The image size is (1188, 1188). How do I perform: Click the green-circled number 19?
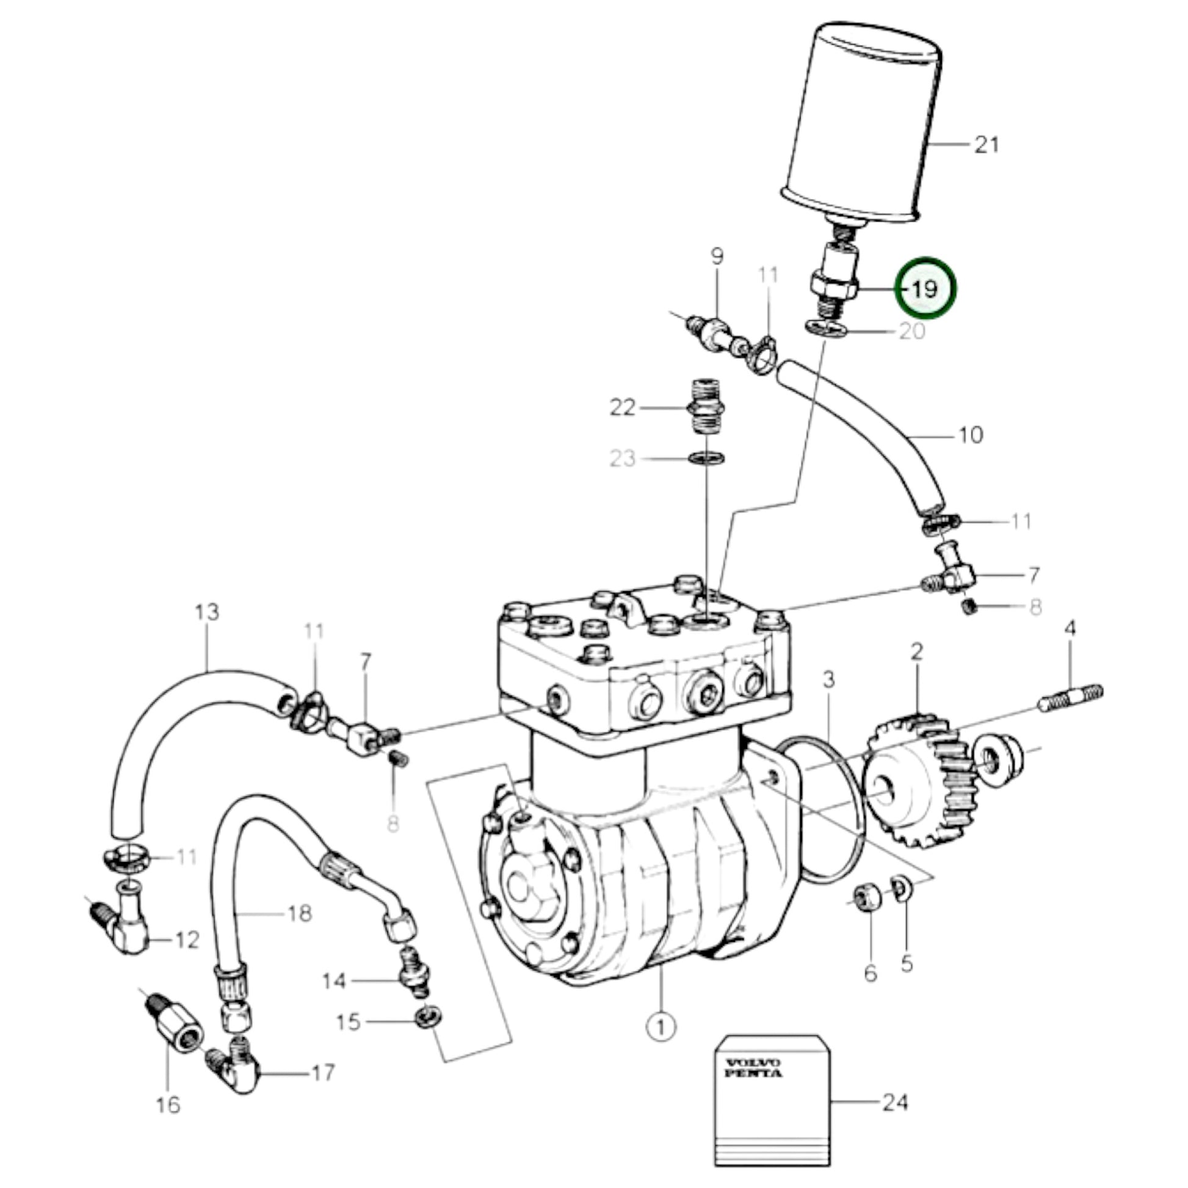pos(925,288)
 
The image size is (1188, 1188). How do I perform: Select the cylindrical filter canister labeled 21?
pos(861,117)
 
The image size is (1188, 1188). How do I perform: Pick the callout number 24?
pos(896,1103)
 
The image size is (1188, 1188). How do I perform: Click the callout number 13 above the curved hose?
pos(207,612)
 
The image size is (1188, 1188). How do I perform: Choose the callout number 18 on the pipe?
pos(300,913)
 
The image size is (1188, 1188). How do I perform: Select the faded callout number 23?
pos(621,458)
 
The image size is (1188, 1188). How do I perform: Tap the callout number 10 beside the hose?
pos(971,435)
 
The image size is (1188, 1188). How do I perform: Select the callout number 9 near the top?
pos(717,256)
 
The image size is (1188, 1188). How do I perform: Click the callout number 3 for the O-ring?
pos(829,680)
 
